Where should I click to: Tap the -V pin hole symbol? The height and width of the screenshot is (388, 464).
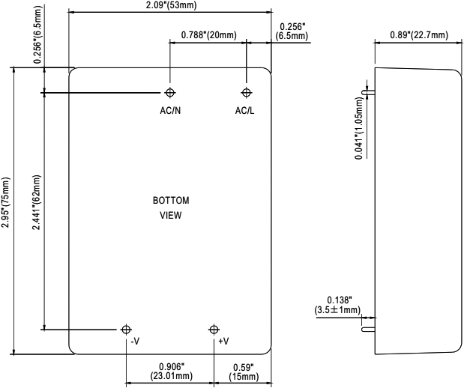(x=126, y=329)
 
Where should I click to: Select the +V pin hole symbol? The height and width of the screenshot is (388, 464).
(x=214, y=329)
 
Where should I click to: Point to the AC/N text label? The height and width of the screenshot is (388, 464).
(x=170, y=111)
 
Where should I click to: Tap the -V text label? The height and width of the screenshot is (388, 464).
(x=135, y=342)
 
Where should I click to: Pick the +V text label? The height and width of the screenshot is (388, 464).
(x=223, y=342)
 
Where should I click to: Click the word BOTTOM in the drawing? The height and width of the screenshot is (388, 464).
(x=171, y=201)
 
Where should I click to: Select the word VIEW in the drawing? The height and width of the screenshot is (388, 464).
(x=171, y=215)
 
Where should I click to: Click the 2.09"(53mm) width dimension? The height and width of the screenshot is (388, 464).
(x=170, y=6)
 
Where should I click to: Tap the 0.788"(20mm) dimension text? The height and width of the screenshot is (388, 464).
(x=208, y=35)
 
